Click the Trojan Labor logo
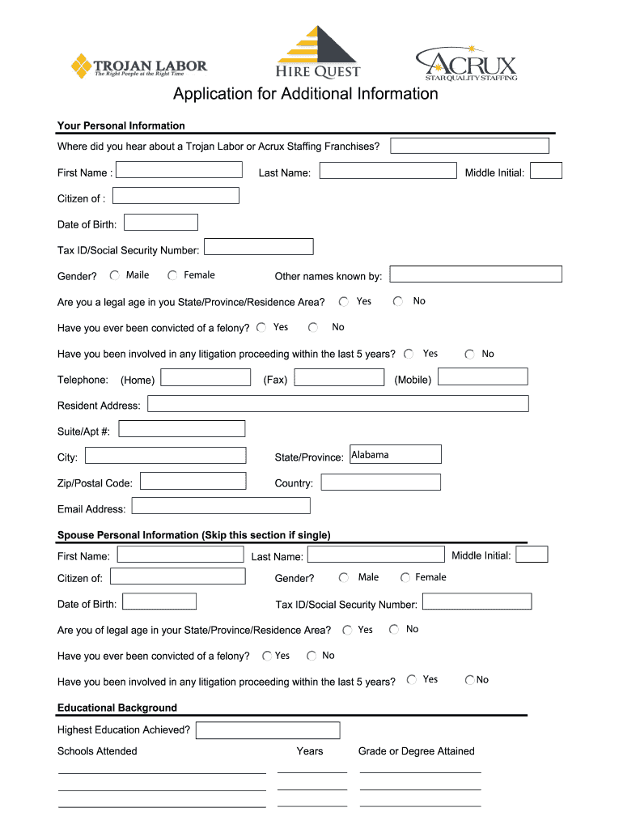pos(138,66)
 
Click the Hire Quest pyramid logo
pos(318,52)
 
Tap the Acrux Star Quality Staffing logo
pos(466,63)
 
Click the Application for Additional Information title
pos(305,94)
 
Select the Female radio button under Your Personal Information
pos(173,275)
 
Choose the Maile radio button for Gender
pos(115,275)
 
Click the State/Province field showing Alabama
pos(395,455)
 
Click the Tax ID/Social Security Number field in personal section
pos(259,247)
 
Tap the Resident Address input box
pos(337,403)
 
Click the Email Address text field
pos(221,506)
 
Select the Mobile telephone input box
pos(483,376)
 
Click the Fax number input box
pos(339,377)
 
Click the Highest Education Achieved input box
pos(261,730)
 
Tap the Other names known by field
pos(475,274)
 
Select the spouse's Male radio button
pos(344,577)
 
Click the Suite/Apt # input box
pos(182,429)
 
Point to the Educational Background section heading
pos(117,708)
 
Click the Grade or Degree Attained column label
pos(416,751)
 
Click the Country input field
pos(380,483)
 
